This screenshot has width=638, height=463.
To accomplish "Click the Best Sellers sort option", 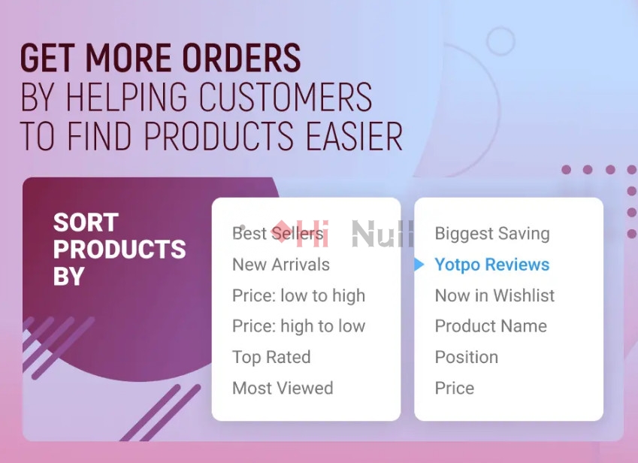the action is (x=277, y=234).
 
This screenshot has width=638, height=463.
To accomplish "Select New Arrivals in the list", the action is (x=281, y=265).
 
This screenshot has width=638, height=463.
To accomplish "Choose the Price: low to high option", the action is (x=298, y=296).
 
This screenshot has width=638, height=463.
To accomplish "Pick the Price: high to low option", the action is (x=298, y=326).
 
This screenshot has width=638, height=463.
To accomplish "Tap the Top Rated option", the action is (x=271, y=357).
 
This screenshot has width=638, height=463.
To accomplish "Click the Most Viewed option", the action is (x=283, y=388).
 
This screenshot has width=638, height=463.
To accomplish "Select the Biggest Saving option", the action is (x=492, y=234).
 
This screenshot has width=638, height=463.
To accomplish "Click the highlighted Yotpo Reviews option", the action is (x=492, y=265).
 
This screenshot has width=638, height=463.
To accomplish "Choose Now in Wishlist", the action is (x=494, y=295).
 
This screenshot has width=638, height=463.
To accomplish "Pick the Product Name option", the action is (x=491, y=326).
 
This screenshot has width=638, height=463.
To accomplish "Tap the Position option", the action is (x=467, y=357).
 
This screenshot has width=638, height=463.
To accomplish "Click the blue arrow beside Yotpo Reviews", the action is (x=419, y=265).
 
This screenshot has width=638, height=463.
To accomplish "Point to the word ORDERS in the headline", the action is (x=241, y=58).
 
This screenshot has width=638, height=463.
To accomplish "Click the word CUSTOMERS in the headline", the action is (x=286, y=97).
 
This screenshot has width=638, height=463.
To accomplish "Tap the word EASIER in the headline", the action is (x=354, y=136).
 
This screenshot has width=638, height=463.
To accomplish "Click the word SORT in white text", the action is (x=86, y=222).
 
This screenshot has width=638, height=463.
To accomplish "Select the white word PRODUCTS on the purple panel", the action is (x=119, y=249).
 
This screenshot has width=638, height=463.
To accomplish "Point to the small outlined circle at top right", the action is (x=501, y=41).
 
